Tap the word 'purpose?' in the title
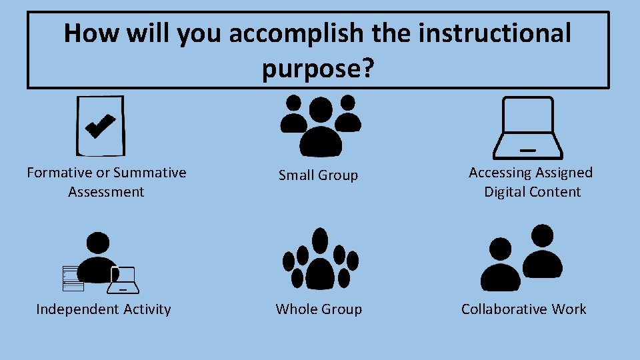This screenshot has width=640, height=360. pos(317,68)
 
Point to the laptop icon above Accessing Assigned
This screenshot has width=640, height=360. pos(527,126)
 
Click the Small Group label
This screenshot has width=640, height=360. pos(318,175)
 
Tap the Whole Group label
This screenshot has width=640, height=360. pos(319,309)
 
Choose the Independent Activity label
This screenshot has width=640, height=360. pos(103,309)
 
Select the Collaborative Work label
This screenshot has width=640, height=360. pos(523,309)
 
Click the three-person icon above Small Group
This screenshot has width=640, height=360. pos(320,124)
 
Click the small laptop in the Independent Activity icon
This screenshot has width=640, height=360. pos(124,281)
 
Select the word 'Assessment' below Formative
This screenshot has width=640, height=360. pos(106,192)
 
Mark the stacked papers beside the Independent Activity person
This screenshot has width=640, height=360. pos(73,279)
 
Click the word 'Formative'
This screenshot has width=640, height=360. pos(59,173)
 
